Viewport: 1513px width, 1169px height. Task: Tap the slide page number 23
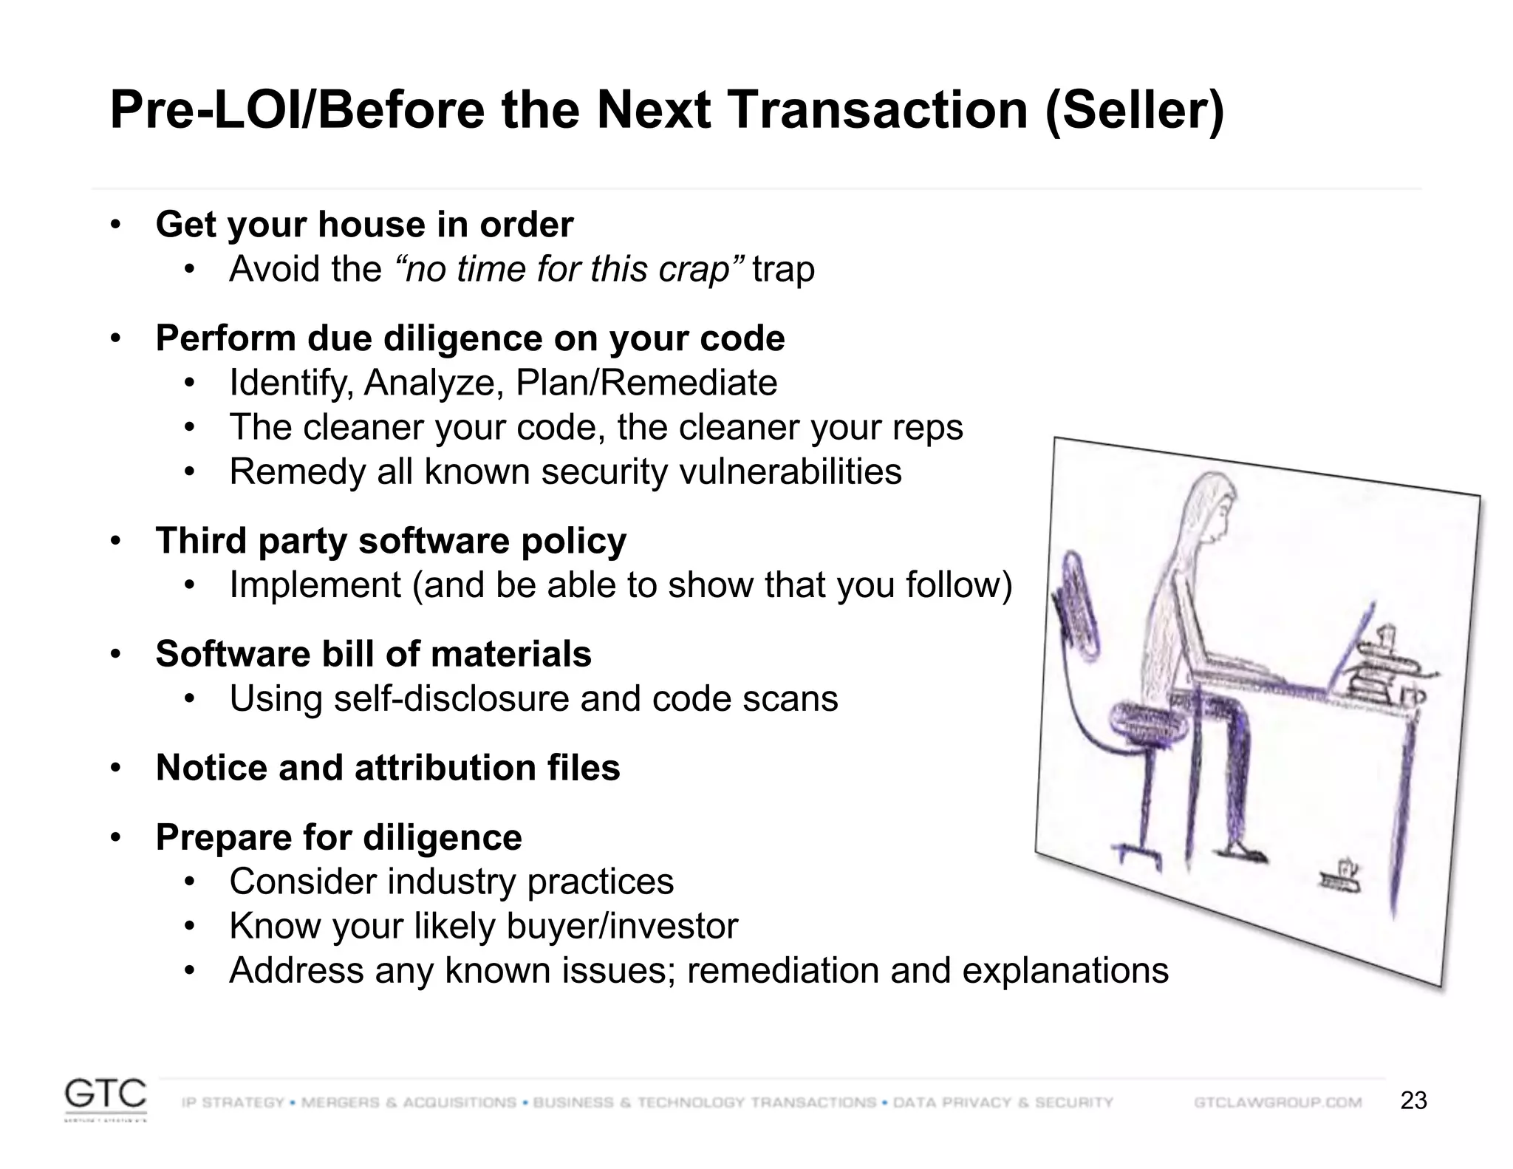point(1413,1101)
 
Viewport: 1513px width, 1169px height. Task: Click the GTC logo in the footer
point(105,1097)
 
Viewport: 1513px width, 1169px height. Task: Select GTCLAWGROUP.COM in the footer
point(1277,1102)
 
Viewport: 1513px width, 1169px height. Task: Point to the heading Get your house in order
point(364,225)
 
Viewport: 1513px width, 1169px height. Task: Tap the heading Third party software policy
point(391,541)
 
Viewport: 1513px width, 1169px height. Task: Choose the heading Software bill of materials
point(373,655)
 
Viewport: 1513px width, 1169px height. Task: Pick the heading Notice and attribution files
point(388,768)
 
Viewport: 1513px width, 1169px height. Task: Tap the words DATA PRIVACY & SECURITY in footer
point(1003,1102)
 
